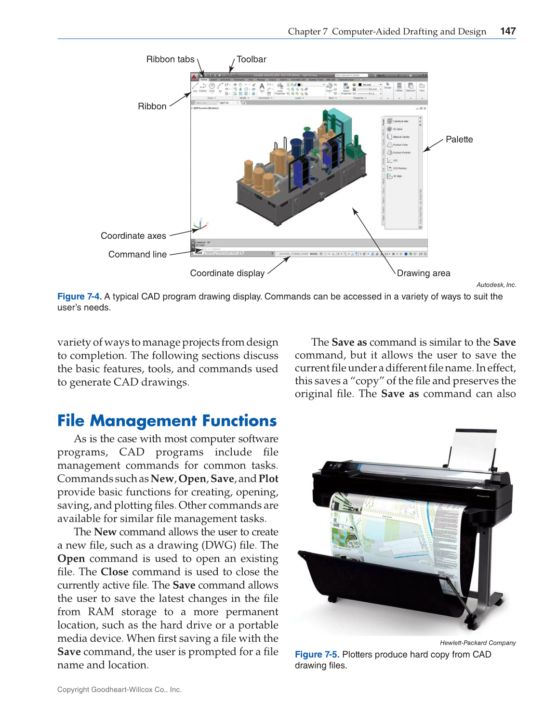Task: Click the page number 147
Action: tap(508, 31)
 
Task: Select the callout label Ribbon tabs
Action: tap(170, 59)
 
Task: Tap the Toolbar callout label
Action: tap(251, 59)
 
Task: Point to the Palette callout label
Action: tap(459, 140)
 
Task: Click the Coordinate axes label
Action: tap(133, 236)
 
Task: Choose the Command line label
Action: tap(137, 255)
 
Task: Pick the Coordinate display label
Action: tap(227, 273)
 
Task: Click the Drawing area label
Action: tap(423, 273)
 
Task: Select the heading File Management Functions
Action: tap(167, 421)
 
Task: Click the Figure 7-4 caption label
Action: tap(80, 297)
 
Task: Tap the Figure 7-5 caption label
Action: tap(317, 655)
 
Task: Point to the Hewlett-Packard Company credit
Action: tap(477, 643)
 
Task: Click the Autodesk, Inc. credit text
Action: tap(496, 285)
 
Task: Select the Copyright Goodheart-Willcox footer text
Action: tap(119, 690)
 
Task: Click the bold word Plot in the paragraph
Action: tap(268, 479)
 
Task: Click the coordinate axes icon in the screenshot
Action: tap(199, 225)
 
